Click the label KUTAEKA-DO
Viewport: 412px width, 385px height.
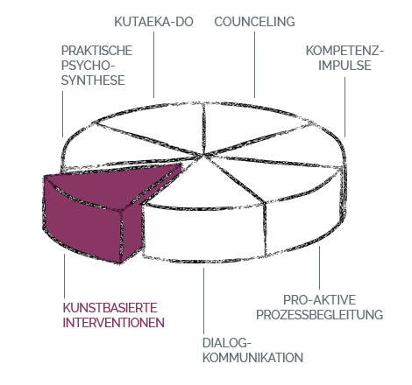click(x=153, y=22)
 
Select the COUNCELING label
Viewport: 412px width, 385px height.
click(x=254, y=22)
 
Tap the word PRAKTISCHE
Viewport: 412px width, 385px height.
click(x=96, y=51)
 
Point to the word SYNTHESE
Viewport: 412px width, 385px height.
click(x=93, y=80)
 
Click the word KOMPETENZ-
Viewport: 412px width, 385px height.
click(x=345, y=51)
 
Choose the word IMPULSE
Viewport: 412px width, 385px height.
click(x=345, y=66)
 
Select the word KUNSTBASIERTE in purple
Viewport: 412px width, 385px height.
click(x=110, y=308)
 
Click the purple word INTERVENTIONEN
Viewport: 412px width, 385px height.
click(x=114, y=323)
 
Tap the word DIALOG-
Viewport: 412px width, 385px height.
click(x=227, y=343)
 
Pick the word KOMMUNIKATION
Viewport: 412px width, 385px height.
click(x=252, y=358)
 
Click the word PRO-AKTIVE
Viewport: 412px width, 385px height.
click(x=319, y=300)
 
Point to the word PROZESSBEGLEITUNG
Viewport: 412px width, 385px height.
click(x=319, y=315)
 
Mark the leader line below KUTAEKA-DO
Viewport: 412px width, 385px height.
click(x=154, y=65)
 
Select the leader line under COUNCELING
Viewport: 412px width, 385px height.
click(x=254, y=65)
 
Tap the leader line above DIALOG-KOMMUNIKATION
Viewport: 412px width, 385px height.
click(x=203, y=301)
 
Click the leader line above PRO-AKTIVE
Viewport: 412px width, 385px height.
click(x=319, y=268)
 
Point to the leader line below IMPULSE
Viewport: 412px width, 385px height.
click(x=345, y=107)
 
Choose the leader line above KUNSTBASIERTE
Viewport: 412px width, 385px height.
click(x=64, y=276)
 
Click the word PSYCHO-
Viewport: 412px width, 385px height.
click(x=88, y=66)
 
